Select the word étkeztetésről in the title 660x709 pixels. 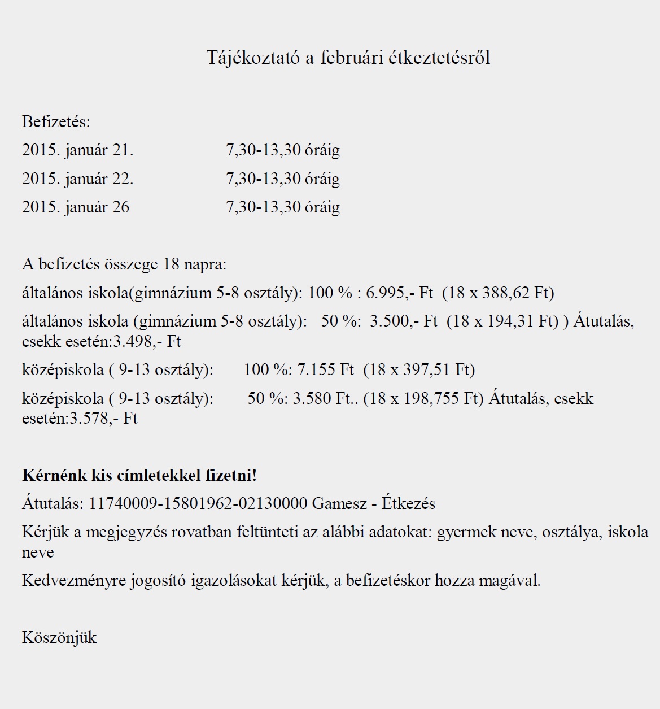(x=439, y=58)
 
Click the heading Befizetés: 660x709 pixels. (x=56, y=121)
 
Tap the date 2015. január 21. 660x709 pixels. (x=77, y=150)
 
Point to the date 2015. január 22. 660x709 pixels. (x=77, y=179)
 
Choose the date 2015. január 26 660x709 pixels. (x=76, y=207)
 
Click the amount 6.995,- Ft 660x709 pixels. (x=399, y=293)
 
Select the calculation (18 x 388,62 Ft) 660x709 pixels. (x=498, y=293)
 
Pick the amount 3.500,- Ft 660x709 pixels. (x=404, y=321)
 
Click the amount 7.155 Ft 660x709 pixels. (x=325, y=369)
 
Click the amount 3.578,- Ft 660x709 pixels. (x=103, y=419)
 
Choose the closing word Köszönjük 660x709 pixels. (x=59, y=637)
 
